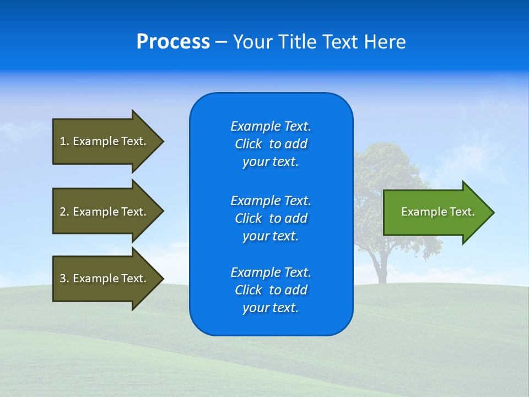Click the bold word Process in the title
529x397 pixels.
pos(173,42)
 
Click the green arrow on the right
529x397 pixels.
pos(435,212)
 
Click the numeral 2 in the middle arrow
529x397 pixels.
pos(63,212)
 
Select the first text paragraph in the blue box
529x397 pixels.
pos(271,144)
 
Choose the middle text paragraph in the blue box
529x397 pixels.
pos(271,218)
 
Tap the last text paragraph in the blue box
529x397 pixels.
pos(271,290)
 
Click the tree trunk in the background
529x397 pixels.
pos(380,267)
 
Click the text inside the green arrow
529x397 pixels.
pos(438,212)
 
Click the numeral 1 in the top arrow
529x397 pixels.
pos(63,141)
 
